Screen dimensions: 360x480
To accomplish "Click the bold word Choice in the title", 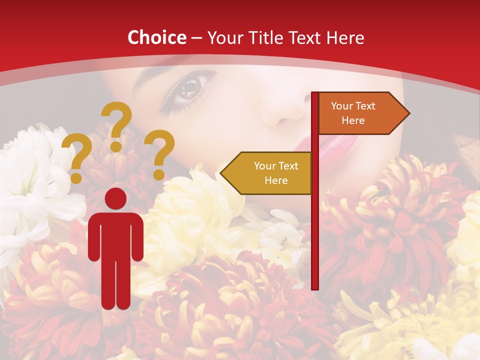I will [x=156, y=37].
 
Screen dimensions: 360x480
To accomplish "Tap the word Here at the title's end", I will [x=344, y=37].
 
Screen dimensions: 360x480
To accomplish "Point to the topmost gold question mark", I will [x=117, y=125].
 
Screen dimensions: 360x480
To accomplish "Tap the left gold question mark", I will [x=76, y=158].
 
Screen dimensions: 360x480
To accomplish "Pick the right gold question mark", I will [x=159, y=154].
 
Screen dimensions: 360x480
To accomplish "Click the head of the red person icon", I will [x=115, y=198].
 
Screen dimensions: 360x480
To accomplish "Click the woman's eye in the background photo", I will [x=188, y=89].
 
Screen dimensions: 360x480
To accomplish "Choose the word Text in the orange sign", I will [x=365, y=106].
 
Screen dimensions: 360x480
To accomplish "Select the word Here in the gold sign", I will [x=276, y=180].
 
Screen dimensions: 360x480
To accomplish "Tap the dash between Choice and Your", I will [x=196, y=38].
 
